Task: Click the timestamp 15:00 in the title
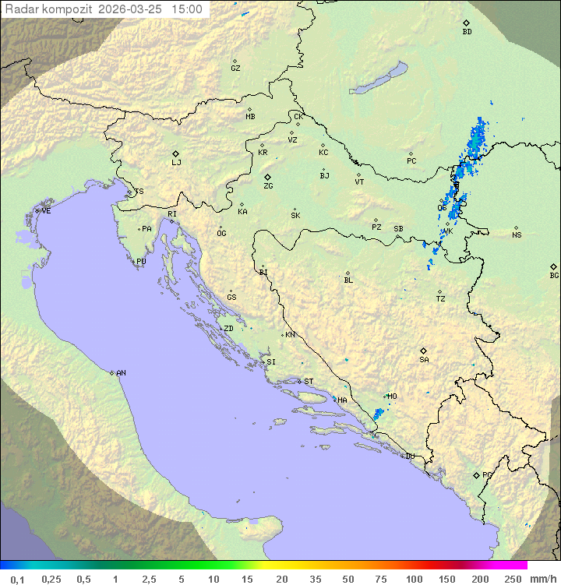pos(186,9)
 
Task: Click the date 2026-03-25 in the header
pos(135,9)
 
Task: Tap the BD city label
pos(467,32)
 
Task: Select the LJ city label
pos(176,163)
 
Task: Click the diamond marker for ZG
pos(267,178)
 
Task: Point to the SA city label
pos(424,360)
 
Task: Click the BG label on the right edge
pos(554,275)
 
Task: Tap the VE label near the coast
pos(46,211)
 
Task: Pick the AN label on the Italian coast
pos(121,373)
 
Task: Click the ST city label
pos(309,382)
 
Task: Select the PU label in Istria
pos(141,262)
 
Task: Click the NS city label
pos(517,235)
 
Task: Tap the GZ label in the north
pos(235,69)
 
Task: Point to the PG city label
pos(487,475)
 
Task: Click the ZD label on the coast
pos(228,329)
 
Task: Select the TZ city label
pos(441,299)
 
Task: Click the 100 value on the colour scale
pos(414,579)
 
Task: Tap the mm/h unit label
pos(542,579)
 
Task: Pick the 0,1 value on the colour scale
pos(17,579)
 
